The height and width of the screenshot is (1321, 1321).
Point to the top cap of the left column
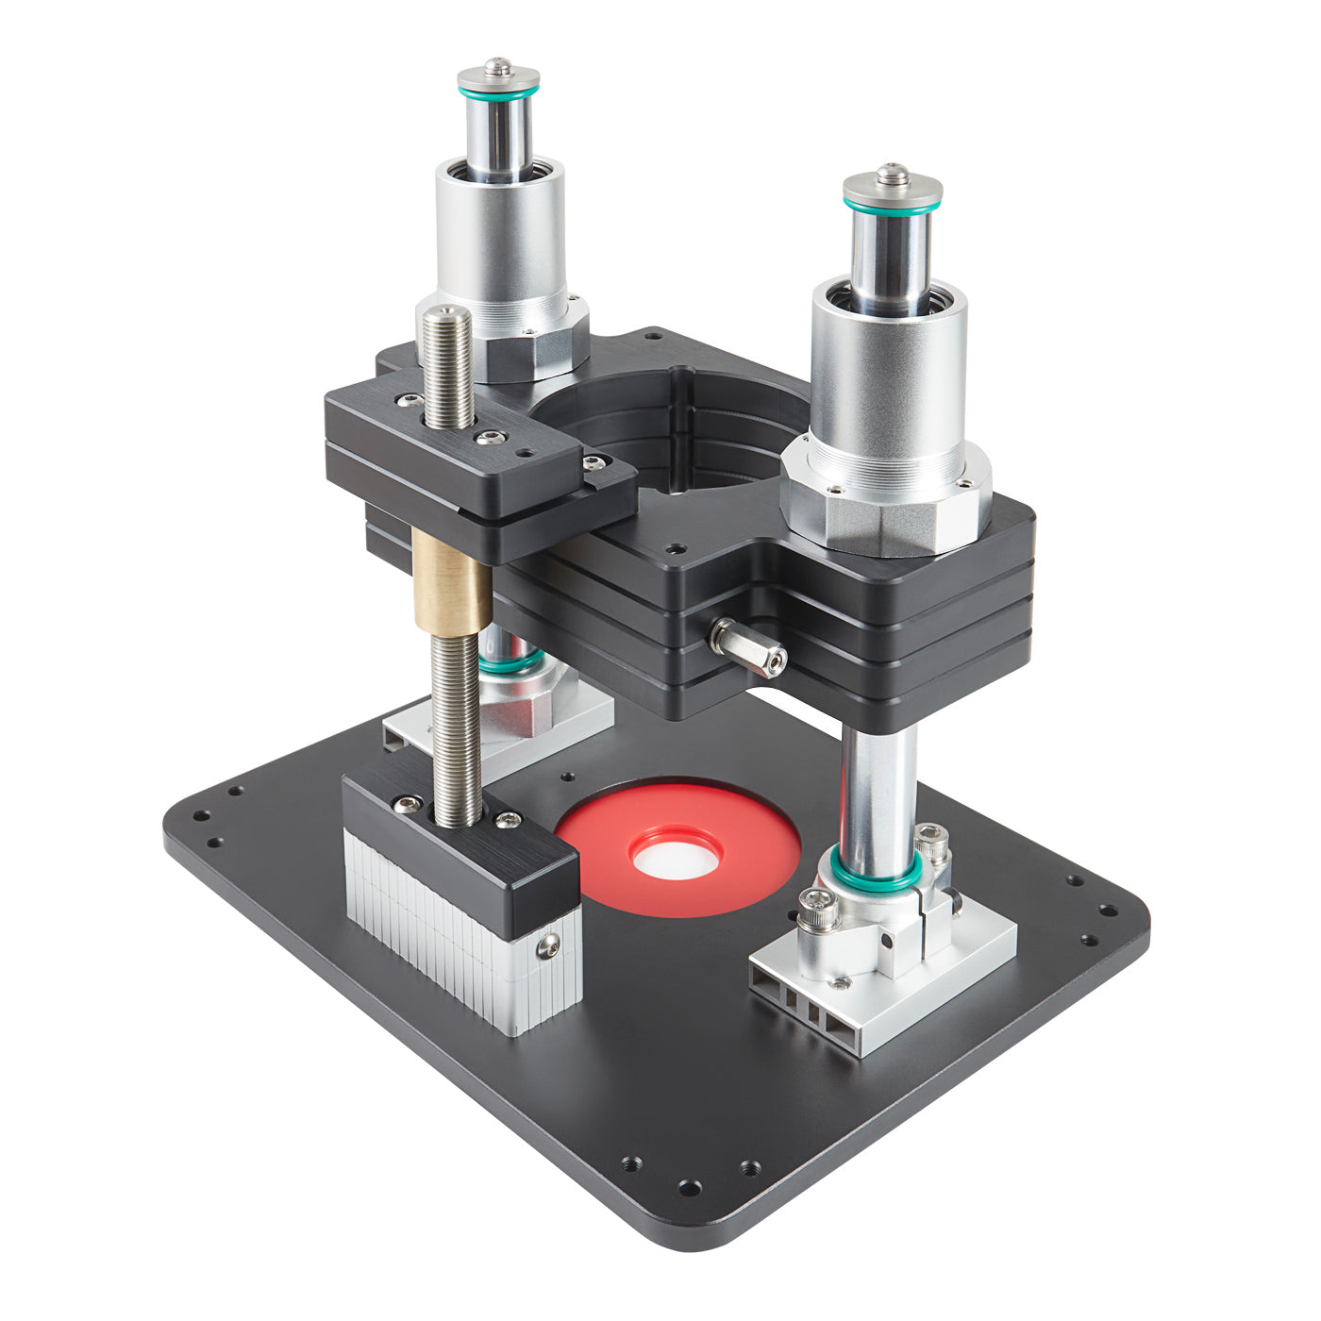point(498,75)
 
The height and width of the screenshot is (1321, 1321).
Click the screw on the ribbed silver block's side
point(548,946)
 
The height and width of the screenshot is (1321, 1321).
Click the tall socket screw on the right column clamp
point(931,840)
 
